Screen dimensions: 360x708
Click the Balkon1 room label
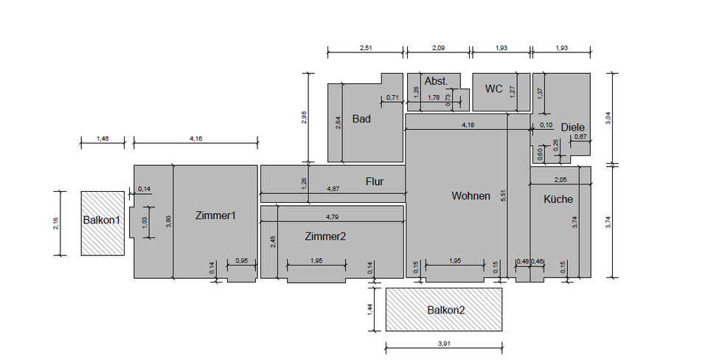tap(101, 220)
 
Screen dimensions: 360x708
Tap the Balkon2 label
tap(446, 310)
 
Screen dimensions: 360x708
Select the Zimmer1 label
tap(215, 215)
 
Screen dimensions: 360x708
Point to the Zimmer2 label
tap(325, 236)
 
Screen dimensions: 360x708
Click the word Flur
tap(375, 181)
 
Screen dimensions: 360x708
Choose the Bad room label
tap(361, 119)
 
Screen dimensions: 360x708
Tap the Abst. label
tap(436, 80)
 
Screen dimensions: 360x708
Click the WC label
tap(493, 89)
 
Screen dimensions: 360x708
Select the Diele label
tap(572, 127)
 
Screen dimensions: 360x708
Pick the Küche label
tap(558, 199)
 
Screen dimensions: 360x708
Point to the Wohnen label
tap(471, 195)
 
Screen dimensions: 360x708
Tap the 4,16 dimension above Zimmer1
tap(196, 137)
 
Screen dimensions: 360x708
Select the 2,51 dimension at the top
tap(366, 48)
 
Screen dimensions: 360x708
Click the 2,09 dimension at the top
tap(437, 48)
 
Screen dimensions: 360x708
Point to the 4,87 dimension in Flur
tap(333, 190)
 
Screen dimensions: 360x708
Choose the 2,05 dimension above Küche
tap(560, 179)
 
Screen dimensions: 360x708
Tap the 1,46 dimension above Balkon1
tap(103, 137)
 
